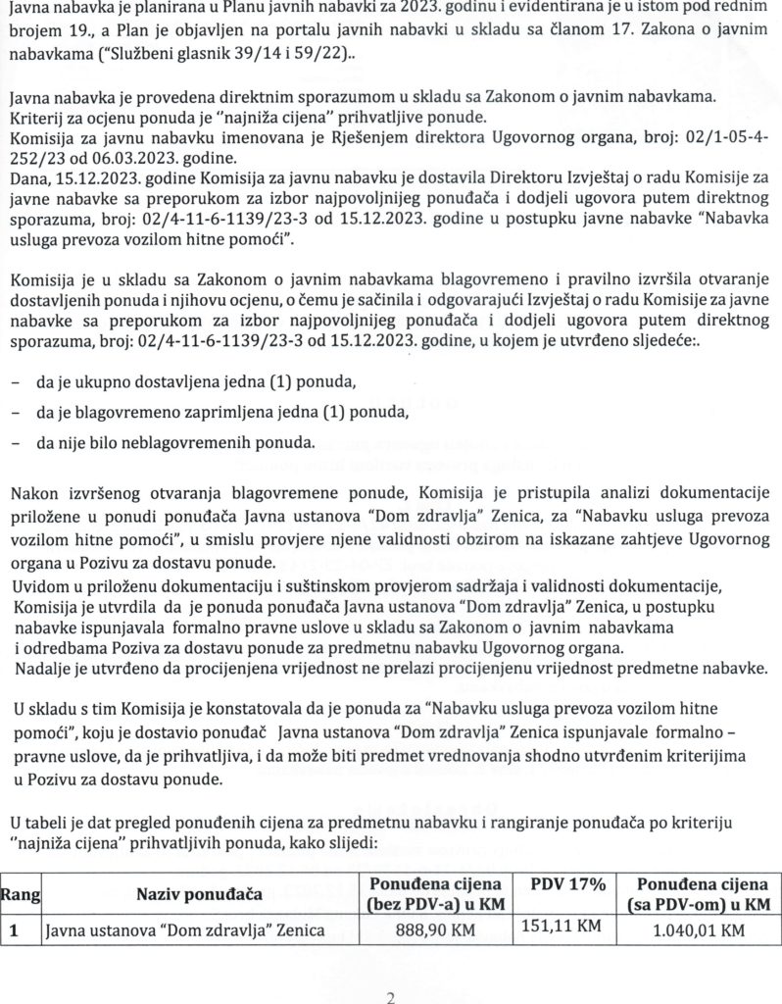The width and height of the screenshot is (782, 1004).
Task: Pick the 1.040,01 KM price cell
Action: (699, 929)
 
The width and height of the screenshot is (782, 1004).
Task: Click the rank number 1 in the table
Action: (15, 929)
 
